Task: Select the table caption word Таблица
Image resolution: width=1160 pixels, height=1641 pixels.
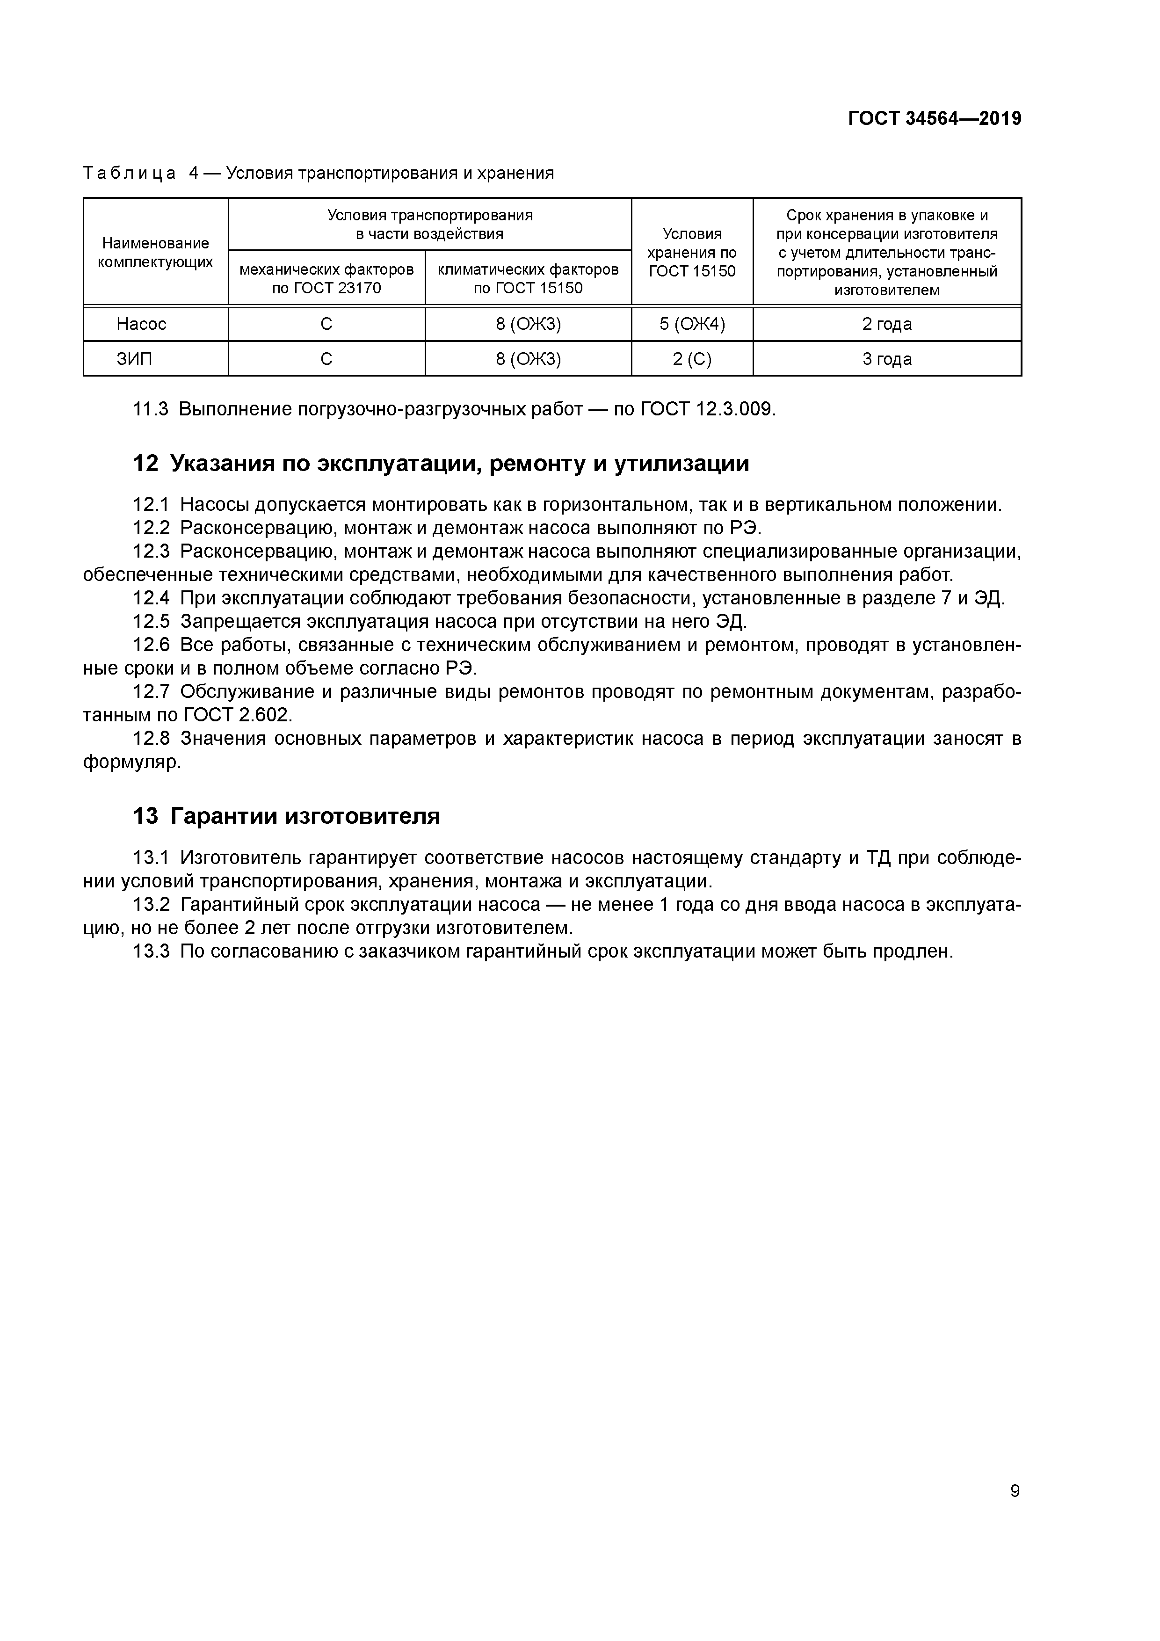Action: coord(130,173)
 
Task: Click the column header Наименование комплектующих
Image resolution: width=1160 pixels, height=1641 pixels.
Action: coord(155,252)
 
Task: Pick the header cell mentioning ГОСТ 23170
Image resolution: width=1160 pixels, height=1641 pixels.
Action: coord(326,279)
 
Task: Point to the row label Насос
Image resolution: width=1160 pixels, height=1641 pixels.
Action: coord(142,325)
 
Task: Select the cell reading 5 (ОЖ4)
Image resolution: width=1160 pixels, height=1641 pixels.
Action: coord(692,325)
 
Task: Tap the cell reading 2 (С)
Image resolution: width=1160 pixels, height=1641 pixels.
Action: coord(692,359)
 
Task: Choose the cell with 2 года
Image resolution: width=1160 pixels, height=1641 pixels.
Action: coord(886,325)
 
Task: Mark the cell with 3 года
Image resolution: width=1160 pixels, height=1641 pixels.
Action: coord(886,359)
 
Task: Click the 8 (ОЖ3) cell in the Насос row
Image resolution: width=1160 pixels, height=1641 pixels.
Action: coord(528,325)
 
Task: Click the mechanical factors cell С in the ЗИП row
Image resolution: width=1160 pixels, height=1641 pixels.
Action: coord(326,359)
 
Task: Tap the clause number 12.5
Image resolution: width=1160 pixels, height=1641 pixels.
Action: coord(152,622)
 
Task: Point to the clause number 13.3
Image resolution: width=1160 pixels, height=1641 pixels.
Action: coord(152,951)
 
